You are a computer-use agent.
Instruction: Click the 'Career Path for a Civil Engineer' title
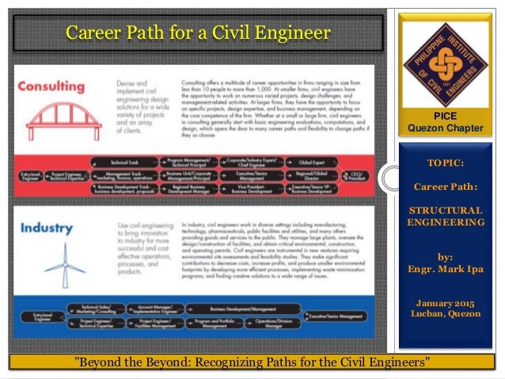click(x=197, y=33)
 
